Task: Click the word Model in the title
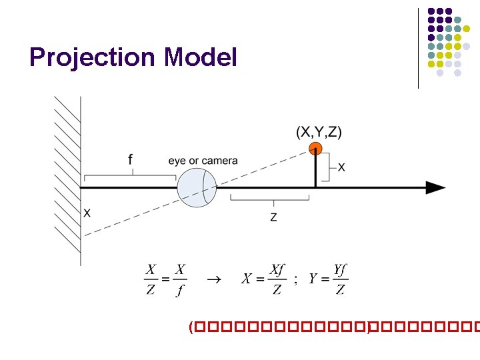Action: click(200, 58)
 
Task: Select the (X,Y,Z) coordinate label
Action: click(319, 132)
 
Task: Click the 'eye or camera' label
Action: click(203, 161)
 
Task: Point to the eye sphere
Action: click(197, 188)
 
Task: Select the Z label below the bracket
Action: click(273, 217)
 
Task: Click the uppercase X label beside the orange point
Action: click(341, 168)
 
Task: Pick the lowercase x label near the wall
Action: click(87, 213)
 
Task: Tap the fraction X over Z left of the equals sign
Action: click(151, 280)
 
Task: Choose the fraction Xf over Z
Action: click(275, 279)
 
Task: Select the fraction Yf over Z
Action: click(339, 279)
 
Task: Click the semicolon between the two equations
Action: click(295, 281)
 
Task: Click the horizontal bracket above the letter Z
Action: click(269, 198)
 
